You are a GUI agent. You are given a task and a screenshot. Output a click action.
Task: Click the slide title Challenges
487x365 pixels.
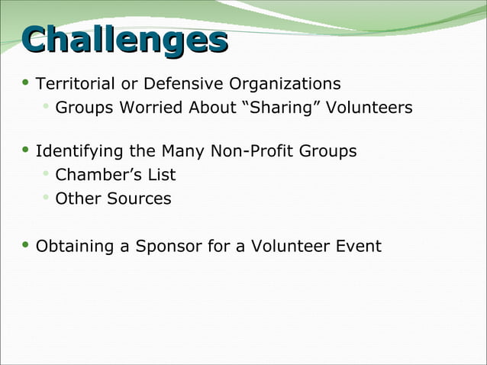[x=125, y=41]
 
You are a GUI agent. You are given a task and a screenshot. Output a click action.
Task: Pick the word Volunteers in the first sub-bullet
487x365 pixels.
[x=369, y=108]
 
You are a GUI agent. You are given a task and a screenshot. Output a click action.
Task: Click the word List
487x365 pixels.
[x=162, y=175]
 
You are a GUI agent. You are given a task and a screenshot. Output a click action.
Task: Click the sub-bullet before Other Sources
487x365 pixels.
[x=47, y=198]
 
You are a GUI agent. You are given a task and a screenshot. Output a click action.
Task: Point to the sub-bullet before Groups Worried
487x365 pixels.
[x=47, y=106]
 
